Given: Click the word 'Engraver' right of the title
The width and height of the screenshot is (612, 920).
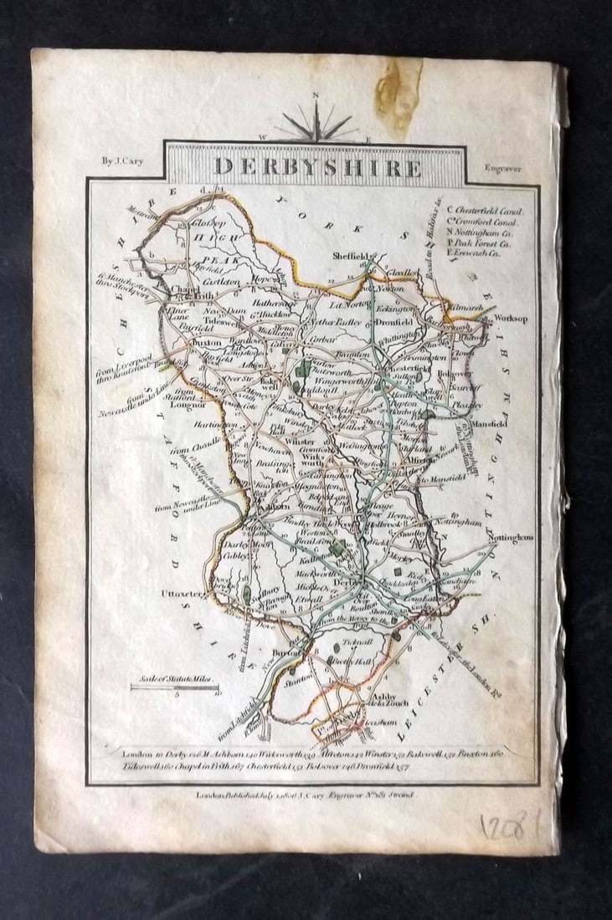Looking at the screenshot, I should click(x=502, y=167).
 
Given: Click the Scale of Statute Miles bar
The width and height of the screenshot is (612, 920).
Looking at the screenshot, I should click(x=174, y=687).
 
